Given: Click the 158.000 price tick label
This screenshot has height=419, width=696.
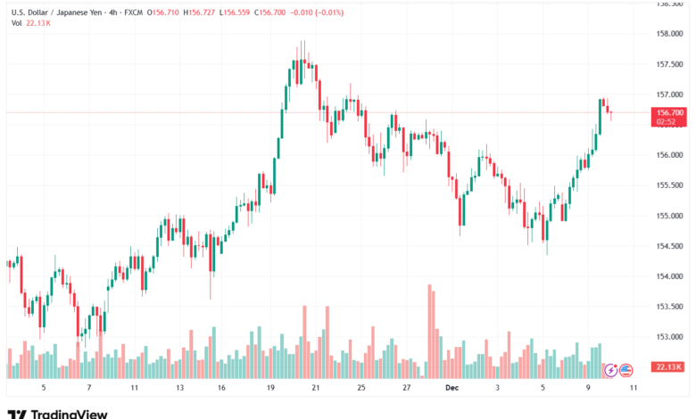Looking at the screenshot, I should point(669,34).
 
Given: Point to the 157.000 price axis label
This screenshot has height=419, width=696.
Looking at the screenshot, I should point(669,94).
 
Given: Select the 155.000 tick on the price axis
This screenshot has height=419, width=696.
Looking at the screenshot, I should point(669,216).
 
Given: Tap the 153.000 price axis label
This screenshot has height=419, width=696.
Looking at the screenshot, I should point(669,337).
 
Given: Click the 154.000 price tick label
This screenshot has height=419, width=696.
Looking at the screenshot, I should point(669,276).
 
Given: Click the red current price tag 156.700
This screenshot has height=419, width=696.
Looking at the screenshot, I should point(669,113).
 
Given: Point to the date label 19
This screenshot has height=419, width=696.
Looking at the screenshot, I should point(269,389).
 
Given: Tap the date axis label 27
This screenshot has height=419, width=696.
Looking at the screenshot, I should point(406,389).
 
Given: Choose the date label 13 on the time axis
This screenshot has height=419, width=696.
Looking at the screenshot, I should point(178,389).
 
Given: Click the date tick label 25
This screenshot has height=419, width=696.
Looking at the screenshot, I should point(360,389).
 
